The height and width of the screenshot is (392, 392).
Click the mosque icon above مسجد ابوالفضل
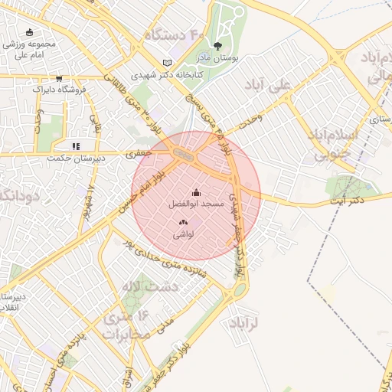tap(196, 193)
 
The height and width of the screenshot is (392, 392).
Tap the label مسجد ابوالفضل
tap(196, 204)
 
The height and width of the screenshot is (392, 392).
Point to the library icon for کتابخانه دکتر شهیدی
tap(168, 63)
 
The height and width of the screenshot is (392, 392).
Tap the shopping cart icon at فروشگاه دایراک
tap(59, 79)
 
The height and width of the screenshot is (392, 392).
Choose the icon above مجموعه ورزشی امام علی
tap(29, 32)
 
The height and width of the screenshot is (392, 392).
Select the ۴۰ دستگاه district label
tap(173, 36)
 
